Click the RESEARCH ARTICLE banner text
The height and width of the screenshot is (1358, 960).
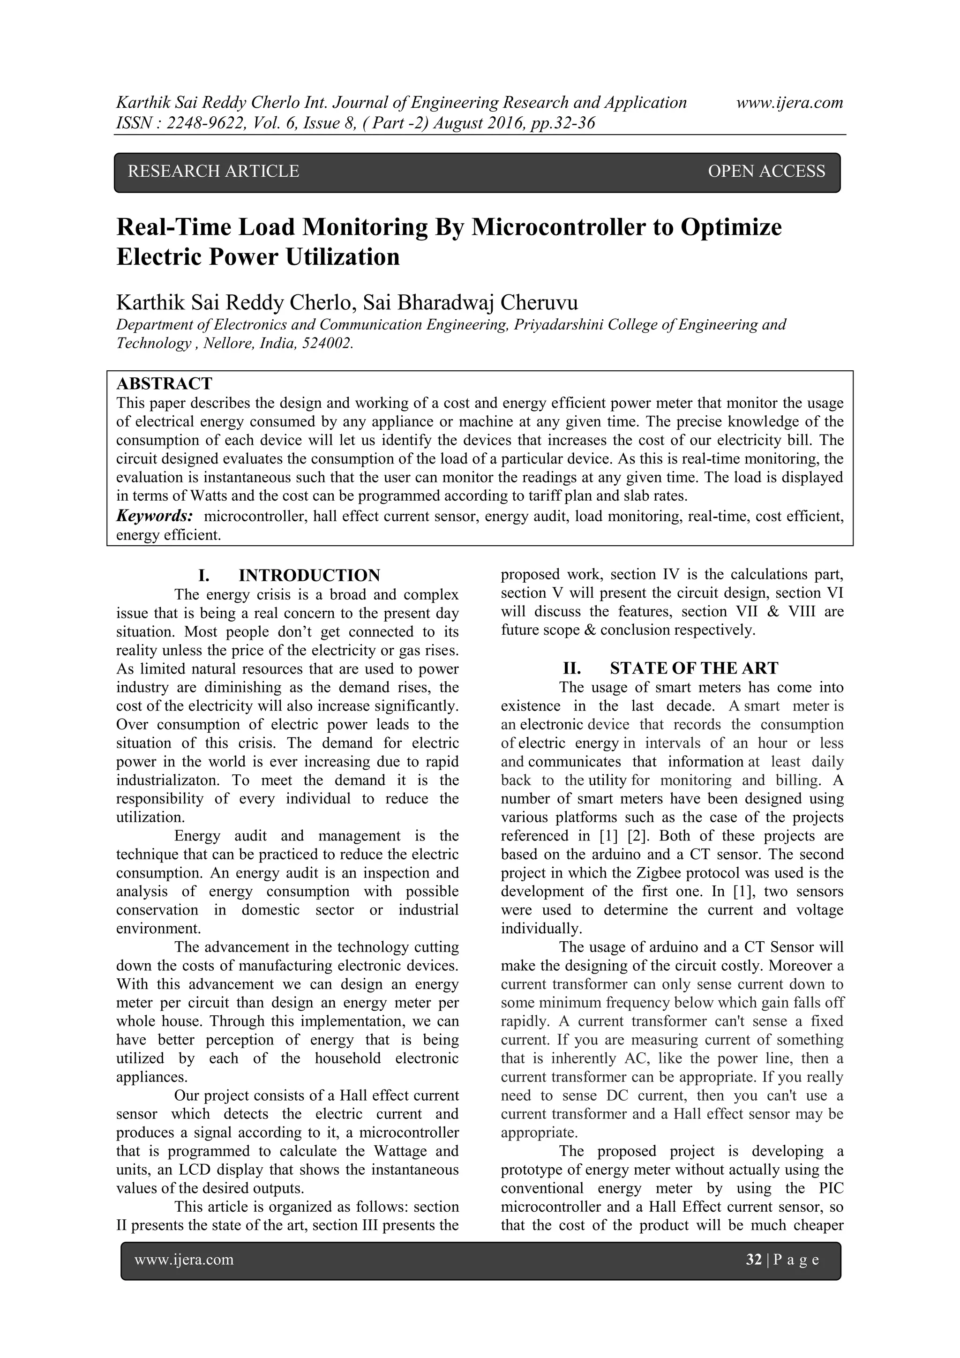pos(214,172)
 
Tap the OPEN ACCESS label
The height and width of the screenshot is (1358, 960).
pos(766,172)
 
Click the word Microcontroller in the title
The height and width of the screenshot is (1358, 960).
pos(557,227)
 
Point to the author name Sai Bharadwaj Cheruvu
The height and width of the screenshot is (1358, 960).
pos(470,302)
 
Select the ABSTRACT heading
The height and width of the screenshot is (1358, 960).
pos(164,384)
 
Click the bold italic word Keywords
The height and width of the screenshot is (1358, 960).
pos(154,517)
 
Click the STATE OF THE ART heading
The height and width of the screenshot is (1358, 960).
pos(694,668)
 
